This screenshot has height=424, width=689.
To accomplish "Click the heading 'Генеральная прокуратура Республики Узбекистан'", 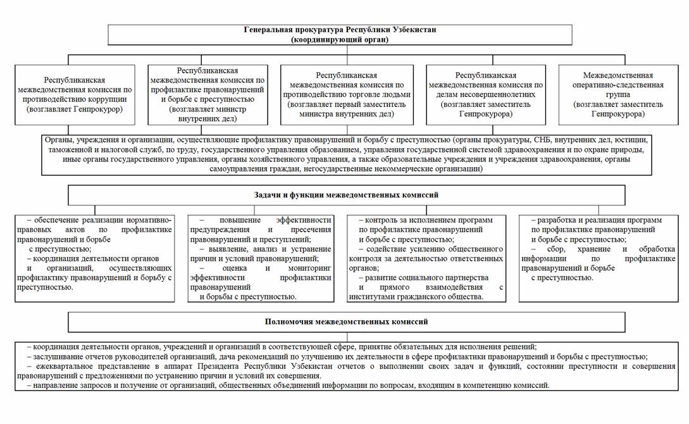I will [340, 30].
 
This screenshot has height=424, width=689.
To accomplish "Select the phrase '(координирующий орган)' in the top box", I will [340, 39].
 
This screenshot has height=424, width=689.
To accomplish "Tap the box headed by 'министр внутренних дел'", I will [212, 95].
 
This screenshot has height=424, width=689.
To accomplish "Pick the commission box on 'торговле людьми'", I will [347, 95].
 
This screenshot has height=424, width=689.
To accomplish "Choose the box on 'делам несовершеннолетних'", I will [486, 95].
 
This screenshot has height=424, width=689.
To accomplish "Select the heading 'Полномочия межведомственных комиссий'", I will [346, 321].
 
